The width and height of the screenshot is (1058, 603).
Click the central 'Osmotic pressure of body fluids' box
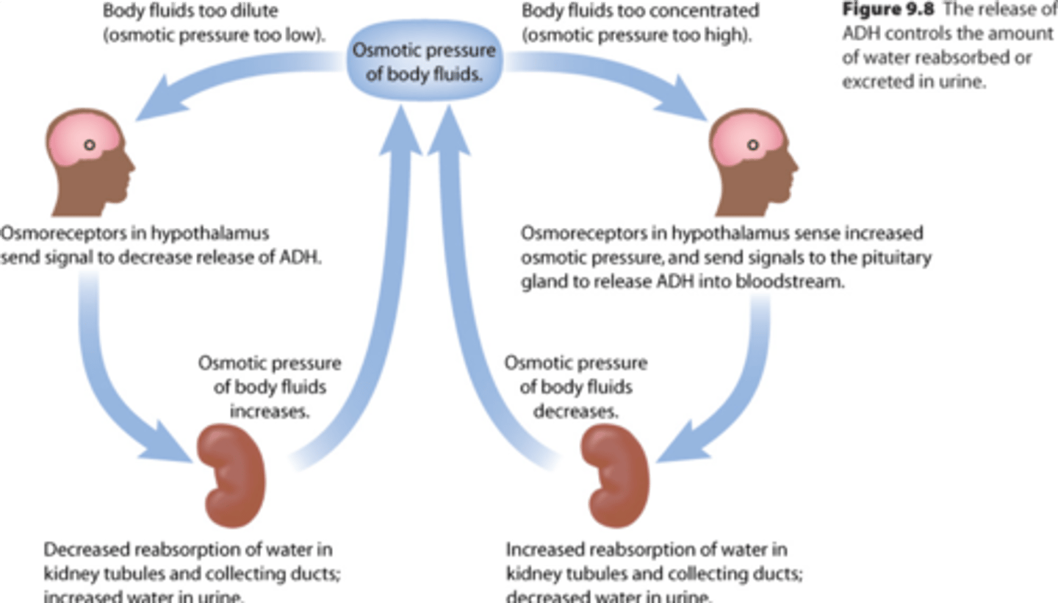coord(425,63)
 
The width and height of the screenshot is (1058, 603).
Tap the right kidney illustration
coord(616,474)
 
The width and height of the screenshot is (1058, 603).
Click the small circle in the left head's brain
coord(90,146)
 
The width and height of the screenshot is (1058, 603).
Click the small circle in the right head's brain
coord(752,146)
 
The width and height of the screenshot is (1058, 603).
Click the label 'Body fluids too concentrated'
coord(639,11)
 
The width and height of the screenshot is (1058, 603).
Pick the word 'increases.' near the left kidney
coord(268,411)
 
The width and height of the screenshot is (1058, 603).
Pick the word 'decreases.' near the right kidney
coord(575,411)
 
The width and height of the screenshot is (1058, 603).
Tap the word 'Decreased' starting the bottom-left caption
coord(80,549)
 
